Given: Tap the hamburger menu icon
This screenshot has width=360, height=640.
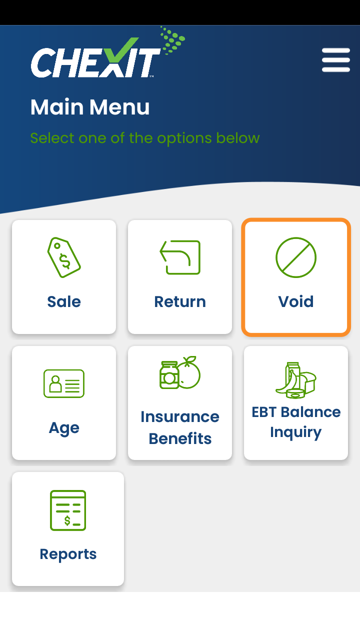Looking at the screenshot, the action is pos(335,60).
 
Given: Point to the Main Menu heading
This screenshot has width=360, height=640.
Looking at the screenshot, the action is pos(90,107).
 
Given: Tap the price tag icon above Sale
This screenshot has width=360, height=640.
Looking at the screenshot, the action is pos(64,257).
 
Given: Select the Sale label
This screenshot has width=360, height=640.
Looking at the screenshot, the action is pos(64,301).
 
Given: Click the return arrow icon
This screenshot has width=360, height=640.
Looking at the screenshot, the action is pos(180,257).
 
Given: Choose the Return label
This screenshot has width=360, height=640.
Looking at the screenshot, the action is pos(180,301).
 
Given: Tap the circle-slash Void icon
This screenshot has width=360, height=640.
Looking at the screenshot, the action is pos(296,257).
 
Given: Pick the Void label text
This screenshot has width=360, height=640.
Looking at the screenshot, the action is pos(296,301).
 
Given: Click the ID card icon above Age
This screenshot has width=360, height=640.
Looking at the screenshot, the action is pos(64,383).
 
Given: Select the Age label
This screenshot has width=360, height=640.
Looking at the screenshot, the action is pos(64,428).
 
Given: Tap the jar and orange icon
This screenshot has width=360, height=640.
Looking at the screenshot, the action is pos(180,372).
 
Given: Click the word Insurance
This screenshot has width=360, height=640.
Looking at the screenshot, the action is pos(180,417).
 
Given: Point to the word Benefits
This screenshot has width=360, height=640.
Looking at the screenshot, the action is pos(180,438).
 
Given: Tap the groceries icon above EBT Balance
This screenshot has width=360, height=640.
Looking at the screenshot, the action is pos(296,380).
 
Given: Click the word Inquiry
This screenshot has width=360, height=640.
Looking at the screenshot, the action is pos(296,432).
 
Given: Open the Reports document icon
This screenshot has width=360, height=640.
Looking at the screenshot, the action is pos(68,510).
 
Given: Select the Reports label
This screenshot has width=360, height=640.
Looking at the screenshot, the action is pos(68,554).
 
